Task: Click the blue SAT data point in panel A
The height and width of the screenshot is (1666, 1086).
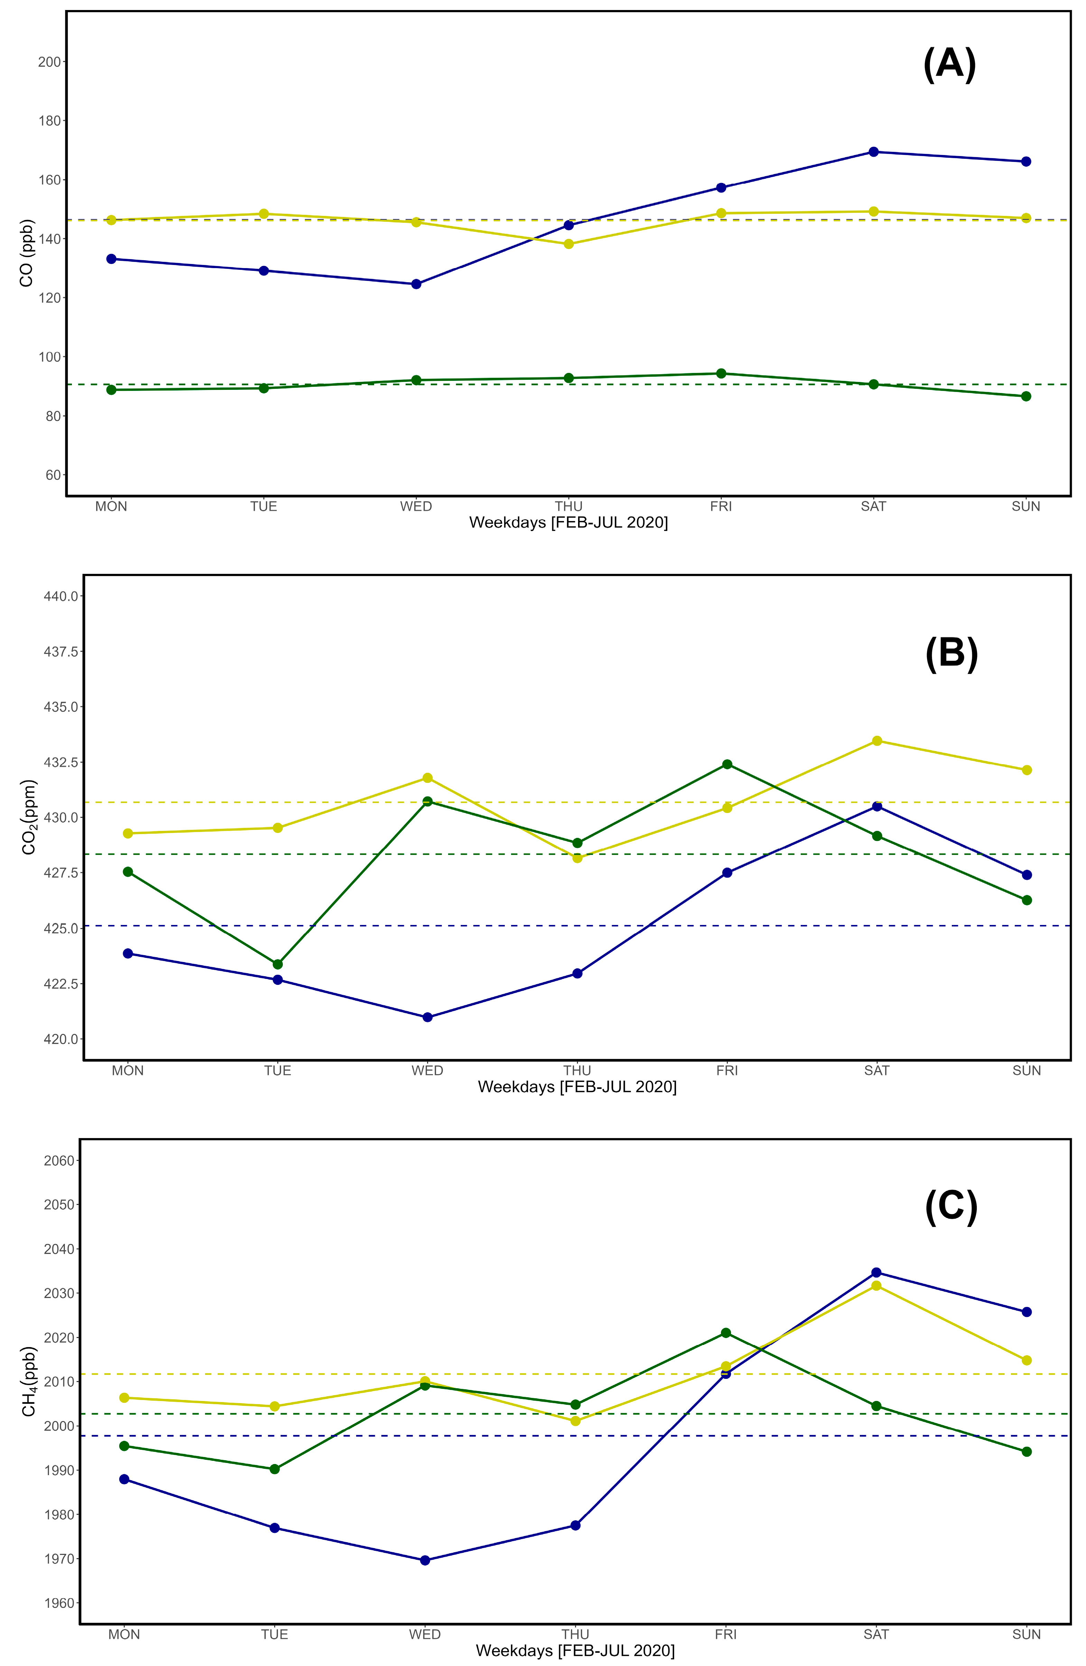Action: [873, 152]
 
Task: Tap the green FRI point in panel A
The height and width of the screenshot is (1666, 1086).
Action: [721, 373]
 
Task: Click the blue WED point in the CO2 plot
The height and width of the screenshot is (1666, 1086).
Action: [428, 1017]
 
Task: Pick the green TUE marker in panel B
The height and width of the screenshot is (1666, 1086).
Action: [278, 964]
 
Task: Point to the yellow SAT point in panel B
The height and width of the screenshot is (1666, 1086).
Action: [877, 741]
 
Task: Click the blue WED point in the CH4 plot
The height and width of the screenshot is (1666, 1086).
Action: [425, 1560]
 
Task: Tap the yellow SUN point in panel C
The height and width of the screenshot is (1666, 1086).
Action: [1027, 1360]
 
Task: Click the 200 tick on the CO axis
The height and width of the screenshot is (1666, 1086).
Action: [49, 62]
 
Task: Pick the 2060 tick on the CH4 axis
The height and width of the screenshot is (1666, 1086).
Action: [59, 1161]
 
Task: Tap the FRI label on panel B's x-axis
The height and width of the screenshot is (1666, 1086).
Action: [727, 1070]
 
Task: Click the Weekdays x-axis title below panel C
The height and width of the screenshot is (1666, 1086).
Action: [575, 1650]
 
